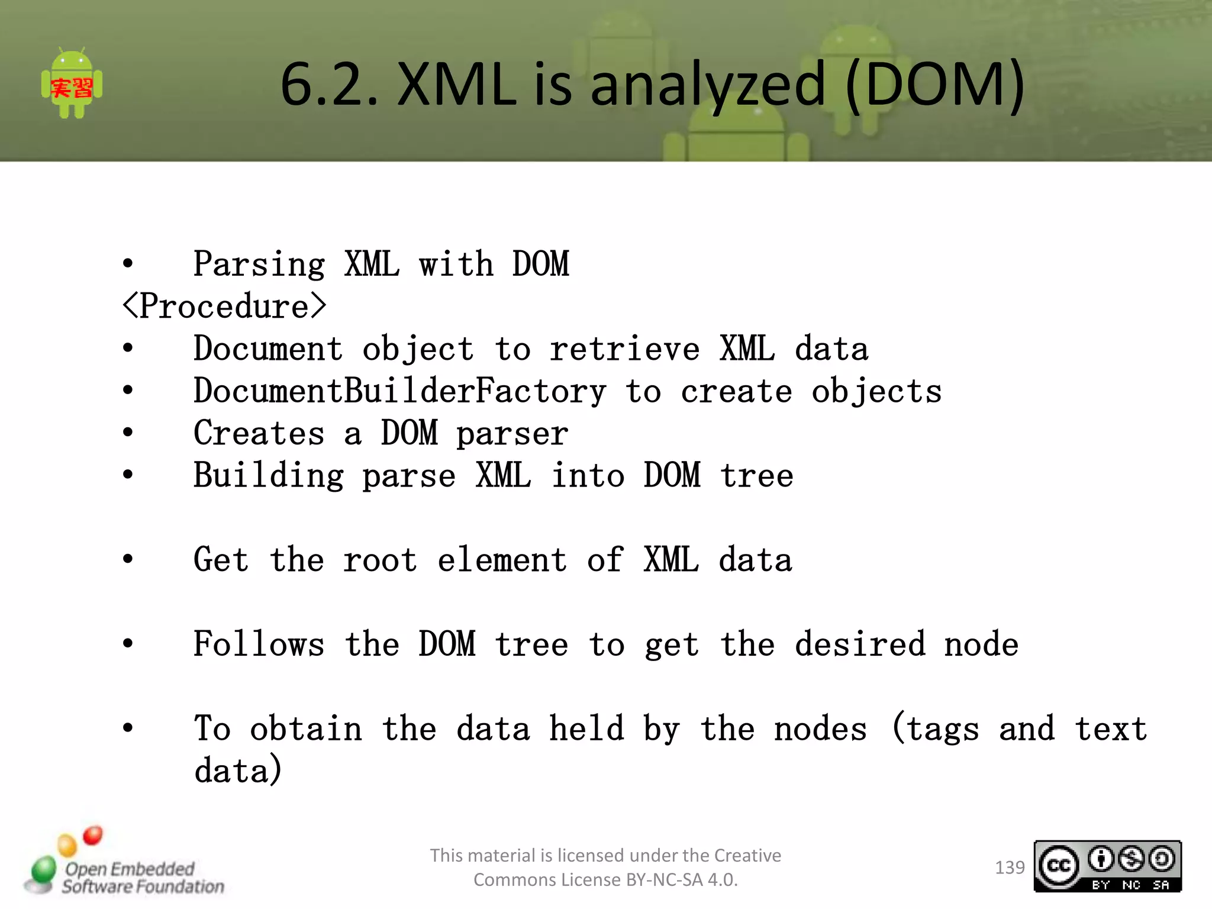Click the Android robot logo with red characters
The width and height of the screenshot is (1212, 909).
(72, 83)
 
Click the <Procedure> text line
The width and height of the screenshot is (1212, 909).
(224, 307)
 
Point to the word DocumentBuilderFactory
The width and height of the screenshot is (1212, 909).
(400, 392)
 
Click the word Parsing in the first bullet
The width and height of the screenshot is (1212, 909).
(259, 265)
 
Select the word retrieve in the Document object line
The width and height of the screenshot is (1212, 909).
(625, 349)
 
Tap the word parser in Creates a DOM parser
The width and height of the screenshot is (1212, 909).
(512, 434)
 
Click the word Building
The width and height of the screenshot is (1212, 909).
(269, 476)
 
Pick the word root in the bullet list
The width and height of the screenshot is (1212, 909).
(381, 560)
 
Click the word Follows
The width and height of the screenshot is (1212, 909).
(259, 645)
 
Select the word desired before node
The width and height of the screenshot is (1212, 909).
(860, 645)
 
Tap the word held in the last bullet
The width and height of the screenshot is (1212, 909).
(586, 729)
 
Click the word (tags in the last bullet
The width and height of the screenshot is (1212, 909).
(935, 729)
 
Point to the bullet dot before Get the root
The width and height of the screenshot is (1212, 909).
(128, 559)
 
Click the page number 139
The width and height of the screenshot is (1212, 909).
(1010, 868)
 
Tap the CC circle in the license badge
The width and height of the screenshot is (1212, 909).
(1059, 866)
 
